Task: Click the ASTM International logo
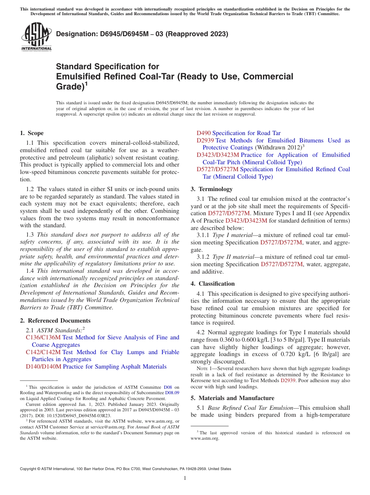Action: (36, 37)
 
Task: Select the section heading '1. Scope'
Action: (32, 133)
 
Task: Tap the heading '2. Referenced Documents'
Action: (55, 321)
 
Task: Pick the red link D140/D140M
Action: (44, 367)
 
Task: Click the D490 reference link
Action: (203, 133)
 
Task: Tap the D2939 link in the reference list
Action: (205, 140)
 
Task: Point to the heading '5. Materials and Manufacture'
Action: (232, 398)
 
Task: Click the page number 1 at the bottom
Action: (185, 478)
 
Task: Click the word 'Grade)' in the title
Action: (69, 87)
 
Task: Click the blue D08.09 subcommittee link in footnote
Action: (171, 393)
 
